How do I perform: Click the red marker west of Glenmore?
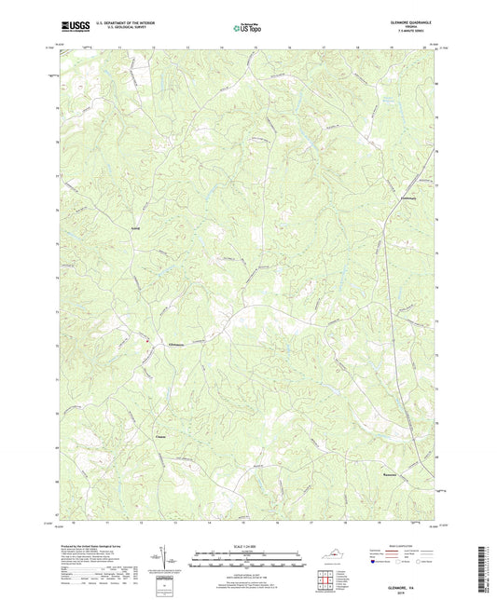click(146, 339)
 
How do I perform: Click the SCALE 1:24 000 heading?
click(247, 544)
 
